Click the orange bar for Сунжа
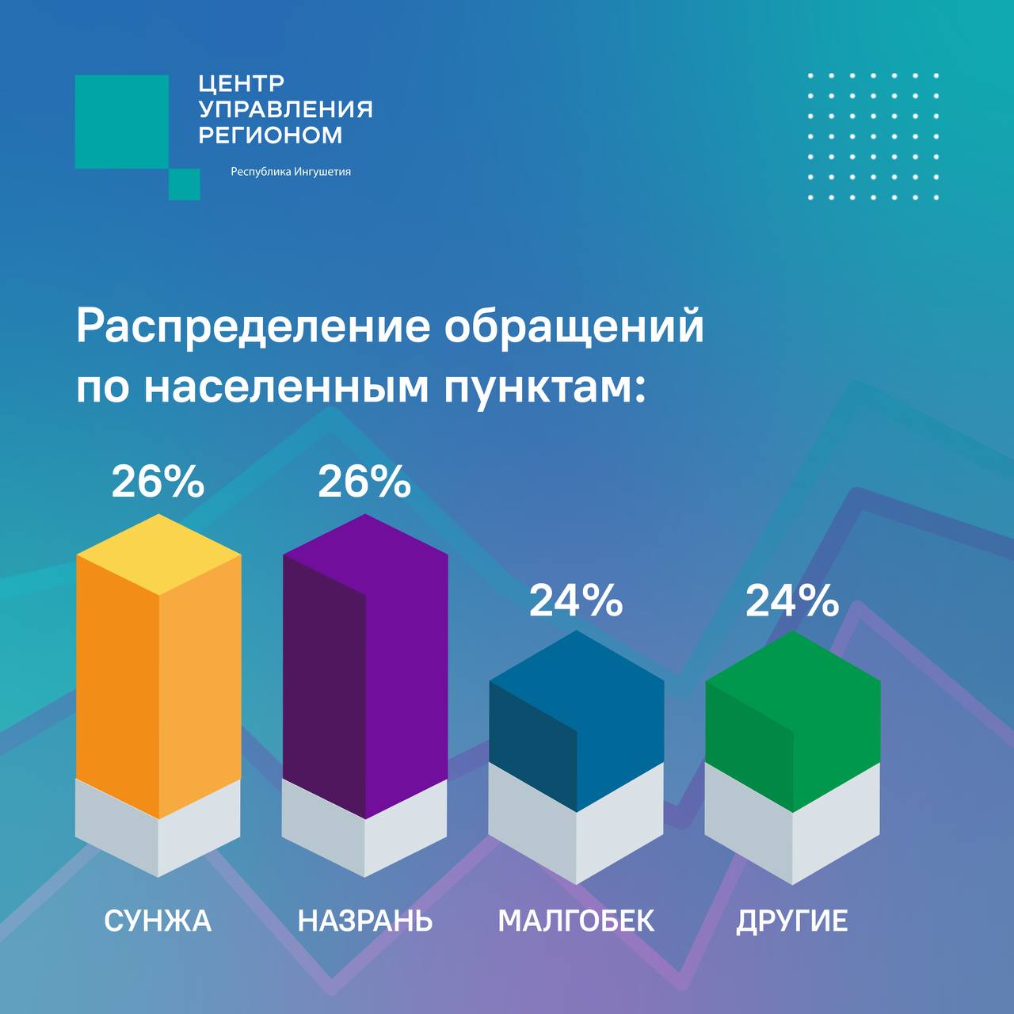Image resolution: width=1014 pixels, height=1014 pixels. coord(158,673)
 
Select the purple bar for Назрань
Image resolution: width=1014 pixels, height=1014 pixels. coord(365,673)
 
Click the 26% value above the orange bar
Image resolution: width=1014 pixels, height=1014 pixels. coord(158,482)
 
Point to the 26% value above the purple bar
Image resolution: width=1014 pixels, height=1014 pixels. coord(364,482)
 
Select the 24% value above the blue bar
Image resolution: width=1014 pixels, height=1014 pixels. coord(576,601)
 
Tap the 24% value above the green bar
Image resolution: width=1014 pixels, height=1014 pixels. coord(792,601)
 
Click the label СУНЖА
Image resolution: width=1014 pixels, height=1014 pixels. coord(158,921)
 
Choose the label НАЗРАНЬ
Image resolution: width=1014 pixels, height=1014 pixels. coord(365,921)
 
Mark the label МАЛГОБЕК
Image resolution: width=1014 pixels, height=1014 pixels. coord(576,921)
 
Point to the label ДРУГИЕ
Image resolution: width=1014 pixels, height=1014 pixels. coord(792,921)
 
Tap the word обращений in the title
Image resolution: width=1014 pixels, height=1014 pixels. coord(574,327)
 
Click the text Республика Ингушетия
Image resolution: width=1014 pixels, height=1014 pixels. coord(290,172)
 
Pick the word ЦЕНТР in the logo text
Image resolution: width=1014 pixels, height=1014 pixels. coord(242,83)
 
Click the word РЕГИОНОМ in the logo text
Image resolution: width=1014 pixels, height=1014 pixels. coord(270,135)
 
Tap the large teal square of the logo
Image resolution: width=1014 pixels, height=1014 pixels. coord(121,121)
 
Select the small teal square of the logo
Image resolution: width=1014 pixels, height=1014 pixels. coord(184,184)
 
